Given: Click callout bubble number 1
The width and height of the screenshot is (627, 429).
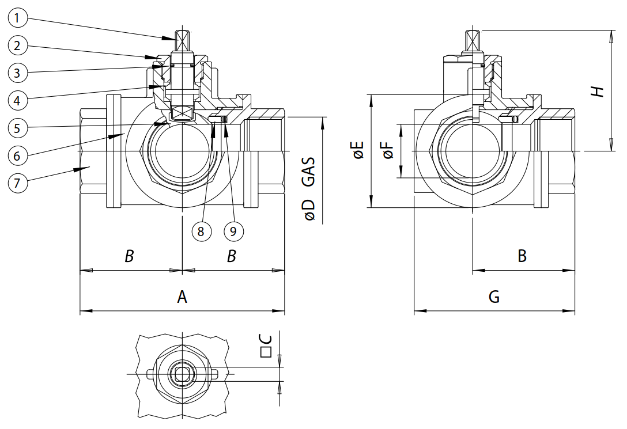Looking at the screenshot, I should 18,18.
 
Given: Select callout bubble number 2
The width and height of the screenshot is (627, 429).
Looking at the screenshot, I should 18,45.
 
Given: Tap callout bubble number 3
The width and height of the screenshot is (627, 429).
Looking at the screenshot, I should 18,73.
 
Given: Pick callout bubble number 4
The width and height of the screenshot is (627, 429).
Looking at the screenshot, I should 18,100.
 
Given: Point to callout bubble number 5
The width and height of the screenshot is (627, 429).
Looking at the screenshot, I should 18,128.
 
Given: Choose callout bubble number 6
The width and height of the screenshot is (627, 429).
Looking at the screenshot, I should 18,155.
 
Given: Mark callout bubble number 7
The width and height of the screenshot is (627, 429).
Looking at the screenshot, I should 18,183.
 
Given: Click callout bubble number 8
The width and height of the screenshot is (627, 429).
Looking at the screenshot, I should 201,231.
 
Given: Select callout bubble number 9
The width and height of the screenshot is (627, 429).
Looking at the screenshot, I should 233,231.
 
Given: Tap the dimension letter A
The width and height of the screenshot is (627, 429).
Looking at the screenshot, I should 182,297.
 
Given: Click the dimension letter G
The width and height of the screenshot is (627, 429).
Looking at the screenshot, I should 494,297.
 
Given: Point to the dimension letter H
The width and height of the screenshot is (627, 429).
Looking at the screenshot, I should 598,91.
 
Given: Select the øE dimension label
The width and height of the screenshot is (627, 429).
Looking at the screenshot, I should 358,150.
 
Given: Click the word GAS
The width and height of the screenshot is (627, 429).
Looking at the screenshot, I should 309,172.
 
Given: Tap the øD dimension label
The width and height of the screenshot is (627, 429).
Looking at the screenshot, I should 309,210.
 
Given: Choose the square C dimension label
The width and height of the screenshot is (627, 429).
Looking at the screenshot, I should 266,346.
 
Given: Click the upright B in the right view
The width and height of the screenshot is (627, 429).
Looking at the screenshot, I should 522,256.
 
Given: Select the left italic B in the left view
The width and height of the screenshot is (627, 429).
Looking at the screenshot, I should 130,256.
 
